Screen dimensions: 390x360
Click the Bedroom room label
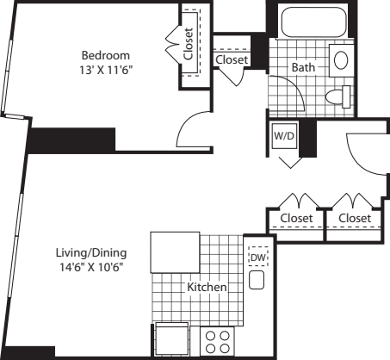(106, 55)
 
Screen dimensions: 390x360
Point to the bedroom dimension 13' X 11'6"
(106, 70)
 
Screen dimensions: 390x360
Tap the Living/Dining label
(91, 253)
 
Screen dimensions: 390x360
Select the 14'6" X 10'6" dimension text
(91, 267)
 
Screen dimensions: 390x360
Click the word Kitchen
(207, 287)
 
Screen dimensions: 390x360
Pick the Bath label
(303, 67)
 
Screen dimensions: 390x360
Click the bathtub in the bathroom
(313, 22)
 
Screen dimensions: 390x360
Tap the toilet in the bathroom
(338, 96)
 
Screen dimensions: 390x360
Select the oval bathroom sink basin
(341, 60)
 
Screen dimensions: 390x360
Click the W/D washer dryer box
(284, 136)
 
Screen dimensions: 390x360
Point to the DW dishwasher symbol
(258, 257)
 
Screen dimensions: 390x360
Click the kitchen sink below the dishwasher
(257, 280)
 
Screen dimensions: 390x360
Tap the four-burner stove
(218, 342)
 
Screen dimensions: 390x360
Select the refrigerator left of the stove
(172, 340)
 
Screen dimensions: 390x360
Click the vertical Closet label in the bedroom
(189, 44)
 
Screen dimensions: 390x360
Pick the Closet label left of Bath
(232, 59)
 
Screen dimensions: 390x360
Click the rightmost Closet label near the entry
(355, 218)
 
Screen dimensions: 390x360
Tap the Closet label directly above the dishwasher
(296, 218)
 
